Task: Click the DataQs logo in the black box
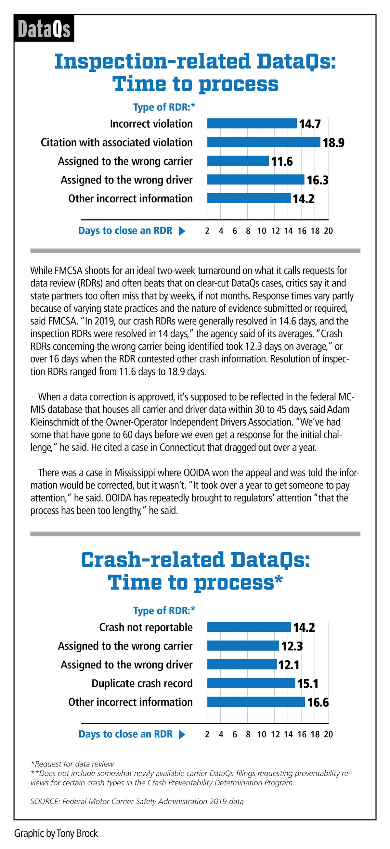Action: click(x=44, y=29)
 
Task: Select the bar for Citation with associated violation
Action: click(x=263, y=142)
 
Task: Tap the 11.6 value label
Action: click(x=282, y=161)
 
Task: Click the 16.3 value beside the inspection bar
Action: click(x=318, y=180)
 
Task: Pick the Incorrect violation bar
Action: click(x=252, y=124)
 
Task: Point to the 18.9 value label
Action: click(x=333, y=143)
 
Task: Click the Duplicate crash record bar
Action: click(x=251, y=683)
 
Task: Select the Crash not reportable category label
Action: click(x=146, y=627)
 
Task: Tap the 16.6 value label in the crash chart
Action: click(x=318, y=702)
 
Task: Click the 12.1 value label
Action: click(x=289, y=665)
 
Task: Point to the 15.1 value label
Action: click(x=307, y=684)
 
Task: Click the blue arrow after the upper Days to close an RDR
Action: click(x=182, y=231)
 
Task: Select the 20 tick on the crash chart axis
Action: click(x=328, y=734)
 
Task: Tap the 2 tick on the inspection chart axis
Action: click(x=207, y=231)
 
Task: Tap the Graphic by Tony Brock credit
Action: click(x=56, y=833)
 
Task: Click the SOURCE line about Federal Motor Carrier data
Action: click(x=137, y=802)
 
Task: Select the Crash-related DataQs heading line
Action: click(x=196, y=560)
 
